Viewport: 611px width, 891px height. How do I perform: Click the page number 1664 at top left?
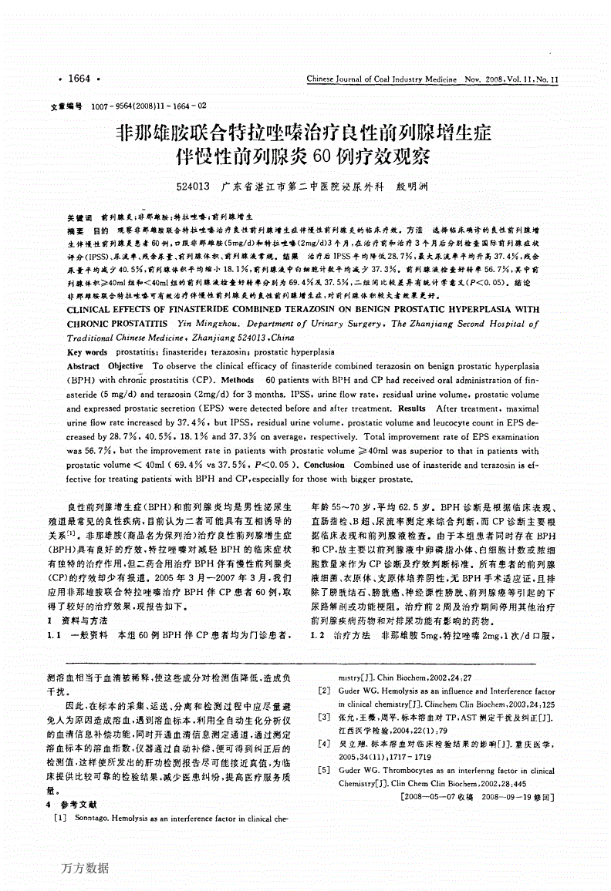(79, 79)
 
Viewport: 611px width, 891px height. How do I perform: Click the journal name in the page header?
(383, 79)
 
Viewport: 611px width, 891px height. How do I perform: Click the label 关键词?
(79, 219)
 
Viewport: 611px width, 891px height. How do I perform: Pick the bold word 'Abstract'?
(83, 366)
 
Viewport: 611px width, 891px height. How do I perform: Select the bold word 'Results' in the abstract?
(410, 409)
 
